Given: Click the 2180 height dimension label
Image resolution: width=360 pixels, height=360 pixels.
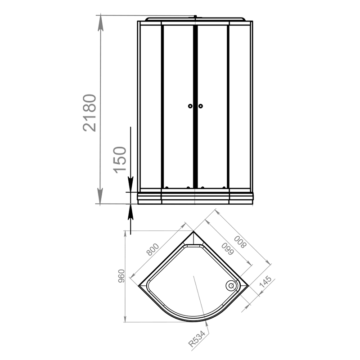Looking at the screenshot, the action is tap(89, 113).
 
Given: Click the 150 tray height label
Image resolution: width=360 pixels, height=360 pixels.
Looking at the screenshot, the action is tap(120, 160).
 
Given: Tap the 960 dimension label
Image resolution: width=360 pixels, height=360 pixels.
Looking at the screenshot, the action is tap(121, 276).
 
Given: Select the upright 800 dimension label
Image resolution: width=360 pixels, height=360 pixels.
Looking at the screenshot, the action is tap(153, 249).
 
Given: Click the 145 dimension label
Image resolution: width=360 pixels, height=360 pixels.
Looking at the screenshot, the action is tap(265, 282).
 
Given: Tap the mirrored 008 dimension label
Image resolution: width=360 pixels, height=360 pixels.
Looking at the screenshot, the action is tap(240, 242).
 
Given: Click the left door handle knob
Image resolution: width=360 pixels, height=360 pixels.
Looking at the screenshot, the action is tap(190, 106).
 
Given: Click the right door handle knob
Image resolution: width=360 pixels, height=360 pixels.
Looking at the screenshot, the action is tap(201, 106).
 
